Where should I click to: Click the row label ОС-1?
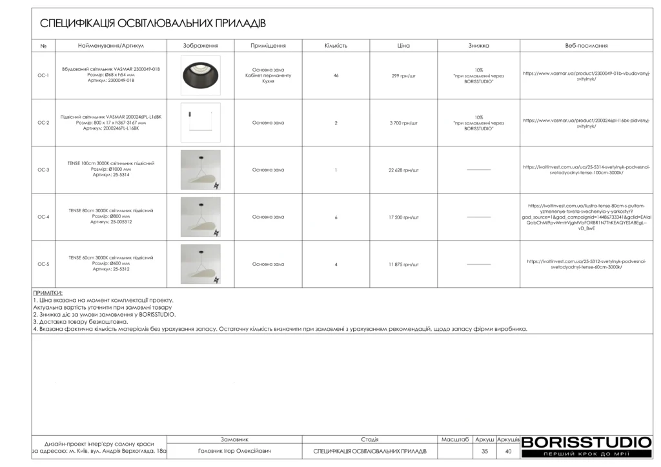(x=43, y=75)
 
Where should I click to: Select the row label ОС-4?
(x=43, y=217)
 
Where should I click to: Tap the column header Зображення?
(x=201, y=46)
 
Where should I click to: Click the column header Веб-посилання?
(x=586, y=46)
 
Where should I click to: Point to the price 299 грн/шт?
(x=403, y=75)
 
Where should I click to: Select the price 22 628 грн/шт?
(x=403, y=170)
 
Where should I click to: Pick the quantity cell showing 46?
(x=336, y=75)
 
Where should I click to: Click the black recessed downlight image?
(x=201, y=75)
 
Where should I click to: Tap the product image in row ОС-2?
(x=201, y=123)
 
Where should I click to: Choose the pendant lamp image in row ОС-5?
(x=201, y=264)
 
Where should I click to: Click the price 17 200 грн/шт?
(x=403, y=217)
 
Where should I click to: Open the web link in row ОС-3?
(x=586, y=170)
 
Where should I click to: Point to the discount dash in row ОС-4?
(x=478, y=217)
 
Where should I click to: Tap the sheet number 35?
(x=484, y=451)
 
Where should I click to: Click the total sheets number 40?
(x=508, y=451)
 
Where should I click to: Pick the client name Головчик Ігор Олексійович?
(x=234, y=451)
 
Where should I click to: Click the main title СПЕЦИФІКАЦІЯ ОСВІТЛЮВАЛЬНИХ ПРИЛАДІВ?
(x=153, y=24)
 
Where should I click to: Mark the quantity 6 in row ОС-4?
(x=336, y=217)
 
